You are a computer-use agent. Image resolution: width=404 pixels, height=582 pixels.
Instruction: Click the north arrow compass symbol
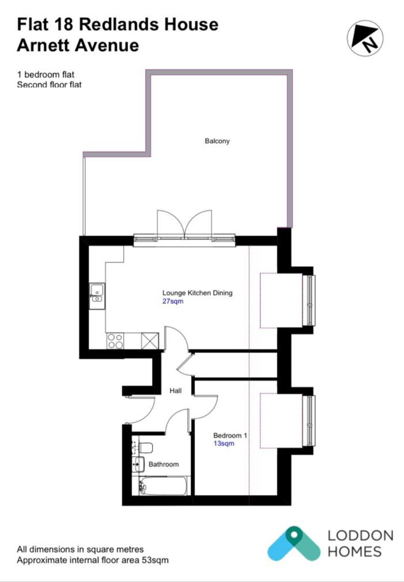[365, 38]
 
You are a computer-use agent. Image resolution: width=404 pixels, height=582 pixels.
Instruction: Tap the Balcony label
[217, 141]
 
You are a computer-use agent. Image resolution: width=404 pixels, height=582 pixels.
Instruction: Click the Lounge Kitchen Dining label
[197, 293]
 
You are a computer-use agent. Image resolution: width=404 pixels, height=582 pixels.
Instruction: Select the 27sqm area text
[173, 301]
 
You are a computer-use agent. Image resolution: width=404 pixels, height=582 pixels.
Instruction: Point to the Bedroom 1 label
[230, 435]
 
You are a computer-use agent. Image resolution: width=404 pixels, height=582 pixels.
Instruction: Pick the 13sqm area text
[224, 443]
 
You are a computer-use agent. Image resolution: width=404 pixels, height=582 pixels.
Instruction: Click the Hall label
[175, 391]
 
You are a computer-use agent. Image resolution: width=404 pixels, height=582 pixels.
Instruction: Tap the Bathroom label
[164, 464]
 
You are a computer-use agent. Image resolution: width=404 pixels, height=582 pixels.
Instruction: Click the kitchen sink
[97, 296]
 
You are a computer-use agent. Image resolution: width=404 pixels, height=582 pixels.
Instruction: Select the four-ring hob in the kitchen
[115, 341]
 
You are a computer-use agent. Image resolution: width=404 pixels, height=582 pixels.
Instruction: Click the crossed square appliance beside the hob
[150, 341]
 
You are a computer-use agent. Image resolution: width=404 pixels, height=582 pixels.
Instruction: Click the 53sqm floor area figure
[155, 560]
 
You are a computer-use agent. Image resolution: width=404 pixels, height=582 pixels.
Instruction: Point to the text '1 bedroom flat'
[46, 74]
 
